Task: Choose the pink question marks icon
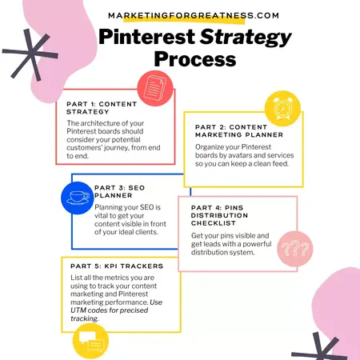pos(292,252)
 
